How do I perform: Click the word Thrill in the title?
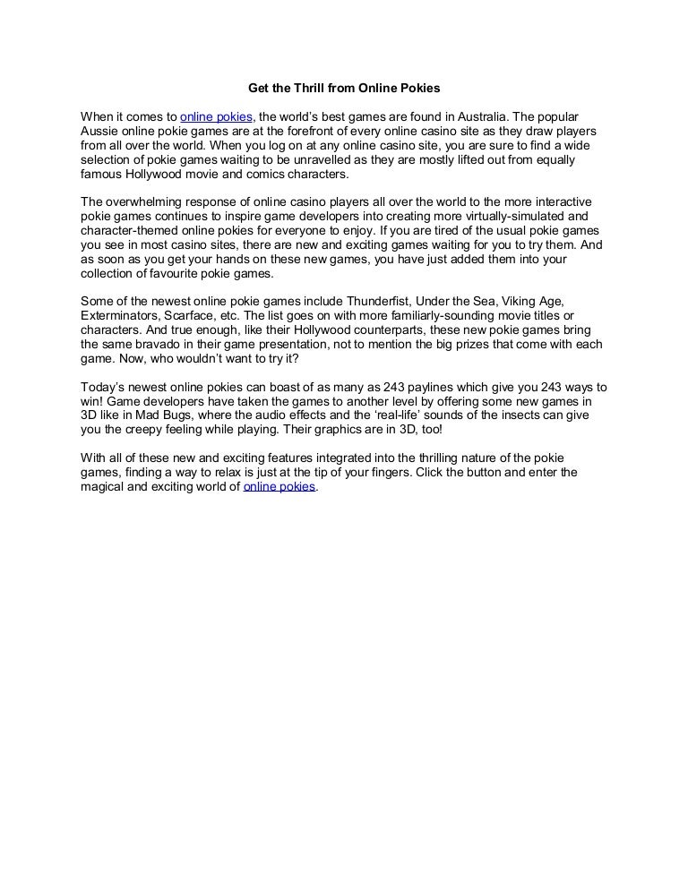[307, 89]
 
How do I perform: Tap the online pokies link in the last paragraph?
[279, 487]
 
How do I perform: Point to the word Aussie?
[99, 131]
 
